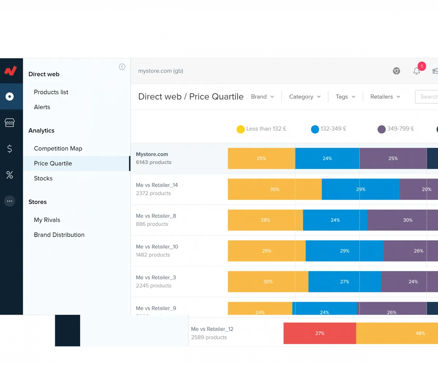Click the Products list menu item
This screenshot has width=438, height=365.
point(51,92)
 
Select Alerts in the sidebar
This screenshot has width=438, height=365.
point(42,107)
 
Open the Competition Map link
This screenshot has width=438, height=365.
point(58,149)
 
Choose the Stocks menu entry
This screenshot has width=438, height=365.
point(43,178)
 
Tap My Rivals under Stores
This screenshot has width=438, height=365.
point(47,220)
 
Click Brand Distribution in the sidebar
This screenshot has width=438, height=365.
point(59,235)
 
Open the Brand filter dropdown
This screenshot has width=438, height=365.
point(262,97)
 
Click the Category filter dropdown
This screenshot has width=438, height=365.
point(305,97)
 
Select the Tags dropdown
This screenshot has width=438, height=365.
point(345,97)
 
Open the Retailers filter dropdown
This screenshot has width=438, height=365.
point(385,97)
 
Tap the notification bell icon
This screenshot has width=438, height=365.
point(416,71)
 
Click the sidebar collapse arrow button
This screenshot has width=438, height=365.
point(122,67)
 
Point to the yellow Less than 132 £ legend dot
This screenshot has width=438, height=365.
point(241,129)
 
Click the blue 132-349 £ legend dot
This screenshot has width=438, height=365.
point(315,129)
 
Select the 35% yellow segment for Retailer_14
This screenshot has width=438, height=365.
point(274,189)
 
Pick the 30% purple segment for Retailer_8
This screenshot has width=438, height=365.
point(407,220)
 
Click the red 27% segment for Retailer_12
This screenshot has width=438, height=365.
point(319,333)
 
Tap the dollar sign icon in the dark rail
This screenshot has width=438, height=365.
point(9,149)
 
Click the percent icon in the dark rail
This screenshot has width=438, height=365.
point(9,175)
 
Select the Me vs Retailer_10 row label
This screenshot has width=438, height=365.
point(157,247)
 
